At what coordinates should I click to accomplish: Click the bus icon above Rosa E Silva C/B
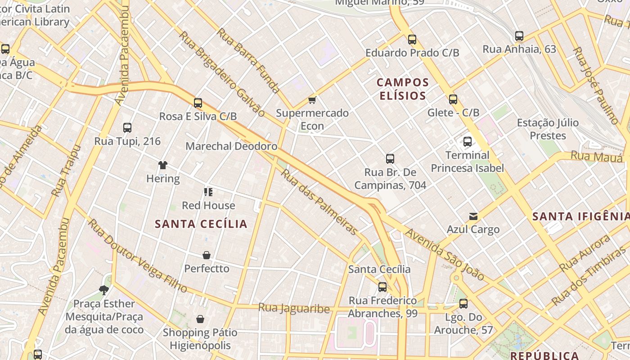pyautogui.click(x=198, y=103)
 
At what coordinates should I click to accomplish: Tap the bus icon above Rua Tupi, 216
pyautogui.click(x=127, y=128)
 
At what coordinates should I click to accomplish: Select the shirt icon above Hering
pyautogui.click(x=163, y=165)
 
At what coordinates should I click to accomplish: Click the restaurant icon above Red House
pyautogui.click(x=208, y=192)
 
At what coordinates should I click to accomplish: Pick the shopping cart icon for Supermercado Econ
pyautogui.click(x=312, y=100)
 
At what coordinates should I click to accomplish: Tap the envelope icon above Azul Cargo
pyautogui.click(x=473, y=216)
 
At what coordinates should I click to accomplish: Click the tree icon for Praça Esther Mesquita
pyautogui.click(x=104, y=290)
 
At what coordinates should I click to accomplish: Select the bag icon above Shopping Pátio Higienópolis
pyautogui.click(x=200, y=319)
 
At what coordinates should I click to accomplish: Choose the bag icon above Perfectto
pyautogui.click(x=207, y=256)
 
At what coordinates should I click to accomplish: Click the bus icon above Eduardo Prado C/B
pyautogui.click(x=412, y=40)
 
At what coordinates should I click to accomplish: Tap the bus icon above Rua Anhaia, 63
pyautogui.click(x=519, y=36)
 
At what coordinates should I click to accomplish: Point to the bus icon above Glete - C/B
pyautogui.click(x=453, y=99)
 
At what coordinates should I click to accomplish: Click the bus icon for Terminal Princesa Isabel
pyautogui.click(x=468, y=142)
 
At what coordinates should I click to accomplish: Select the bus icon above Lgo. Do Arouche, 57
pyautogui.click(x=463, y=304)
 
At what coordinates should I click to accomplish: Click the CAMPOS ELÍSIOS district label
pyautogui.click(x=403, y=89)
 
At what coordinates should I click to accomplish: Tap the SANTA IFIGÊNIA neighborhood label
pyautogui.click(x=580, y=216)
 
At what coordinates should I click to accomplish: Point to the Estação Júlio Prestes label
pyautogui.click(x=548, y=129)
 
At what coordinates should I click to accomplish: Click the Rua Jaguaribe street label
pyautogui.click(x=294, y=308)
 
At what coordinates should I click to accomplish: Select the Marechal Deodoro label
pyautogui.click(x=231, y=146)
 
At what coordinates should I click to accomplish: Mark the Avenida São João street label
pyautogui.click(x=444, y=255)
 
